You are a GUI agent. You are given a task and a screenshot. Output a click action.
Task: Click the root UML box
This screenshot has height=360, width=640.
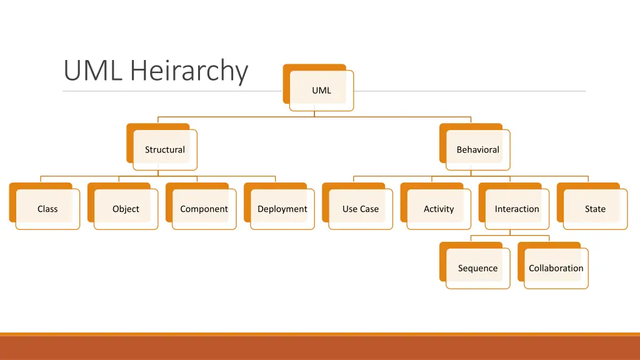point(321,90)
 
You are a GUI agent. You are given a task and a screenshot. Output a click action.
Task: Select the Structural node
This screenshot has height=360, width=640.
point(165,149)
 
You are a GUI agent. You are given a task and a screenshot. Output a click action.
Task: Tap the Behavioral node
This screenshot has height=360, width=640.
point(477,149)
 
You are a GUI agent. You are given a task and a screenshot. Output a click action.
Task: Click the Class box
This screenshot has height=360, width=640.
point(47,209)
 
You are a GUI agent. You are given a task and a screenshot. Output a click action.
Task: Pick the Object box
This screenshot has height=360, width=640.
point(126,209)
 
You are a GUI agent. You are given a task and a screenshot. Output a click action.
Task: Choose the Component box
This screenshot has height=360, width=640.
point(204,209)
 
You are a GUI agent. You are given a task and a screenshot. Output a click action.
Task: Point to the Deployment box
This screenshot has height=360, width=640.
point(282,209)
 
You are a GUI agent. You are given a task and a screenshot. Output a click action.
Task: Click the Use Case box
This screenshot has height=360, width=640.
point(360,209)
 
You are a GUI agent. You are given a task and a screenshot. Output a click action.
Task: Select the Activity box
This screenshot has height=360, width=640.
point(439,209)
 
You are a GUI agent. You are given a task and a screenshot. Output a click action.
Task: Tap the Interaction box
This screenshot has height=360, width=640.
point(517,209)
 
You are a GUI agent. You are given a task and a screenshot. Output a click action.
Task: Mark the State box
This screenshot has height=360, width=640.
point(595,209)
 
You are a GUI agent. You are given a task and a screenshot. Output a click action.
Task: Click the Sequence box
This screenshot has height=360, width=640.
point(477,268)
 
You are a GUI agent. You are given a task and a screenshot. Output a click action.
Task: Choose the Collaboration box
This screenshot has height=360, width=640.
point(556,268)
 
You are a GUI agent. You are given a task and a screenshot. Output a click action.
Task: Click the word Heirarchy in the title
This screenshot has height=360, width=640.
point(189,71)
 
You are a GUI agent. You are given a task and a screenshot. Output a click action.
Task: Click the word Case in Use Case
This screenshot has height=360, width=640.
point(369,209)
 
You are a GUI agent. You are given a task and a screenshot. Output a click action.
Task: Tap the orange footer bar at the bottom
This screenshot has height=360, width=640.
point(320,347)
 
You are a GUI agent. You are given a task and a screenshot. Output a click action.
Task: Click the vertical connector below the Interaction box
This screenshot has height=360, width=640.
point(510,232)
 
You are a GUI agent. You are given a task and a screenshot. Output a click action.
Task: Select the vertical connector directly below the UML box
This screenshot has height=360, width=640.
point(314,114)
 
